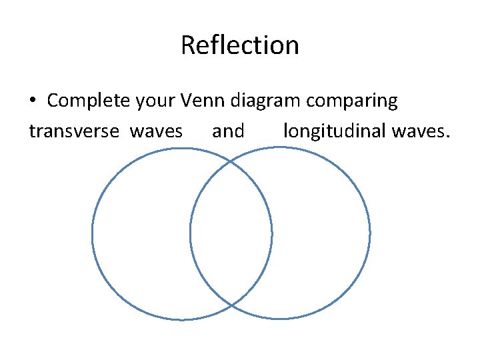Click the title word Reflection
click(x=239, y=45)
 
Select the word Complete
click(x=88, y=101)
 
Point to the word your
click(x=155, y=101)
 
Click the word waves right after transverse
click(x=156, y=131)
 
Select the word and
click(x=228, y=131)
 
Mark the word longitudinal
click(x=335, y=131)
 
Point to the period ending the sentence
click(x=449, y=137)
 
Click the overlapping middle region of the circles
click(x=231, y=233)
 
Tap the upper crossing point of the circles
click(x=231, y=161)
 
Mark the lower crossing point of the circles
click(x=231, y=306)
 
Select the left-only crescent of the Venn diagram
click(x=140, y=233)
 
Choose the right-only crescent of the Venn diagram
click(x=321, y=233)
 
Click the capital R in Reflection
click(x=187, y=45)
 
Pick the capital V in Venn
click(x=187, y=101)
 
